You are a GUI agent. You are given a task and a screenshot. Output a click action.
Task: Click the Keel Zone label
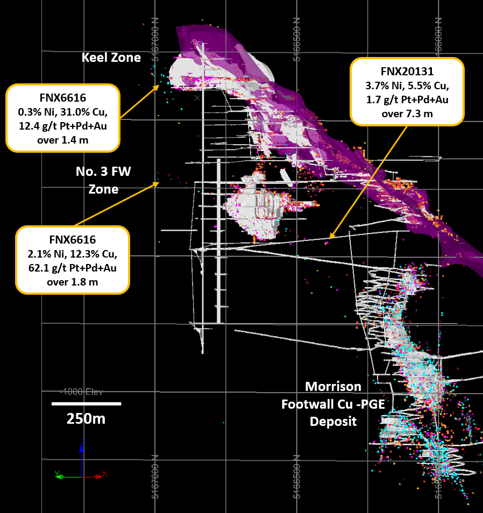pyautogui.click(x=111, y=58)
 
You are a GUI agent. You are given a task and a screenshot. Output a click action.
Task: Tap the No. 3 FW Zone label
pyautogui.click(x=103, y=180)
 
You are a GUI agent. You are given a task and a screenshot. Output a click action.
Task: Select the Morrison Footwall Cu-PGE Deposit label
pyautogui.click(x=333, y=403)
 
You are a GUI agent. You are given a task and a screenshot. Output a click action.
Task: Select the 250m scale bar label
pyautogui.click(x=86, y=418)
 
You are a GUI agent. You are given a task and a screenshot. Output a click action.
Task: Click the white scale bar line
pyautogui.click(x=86, y=403)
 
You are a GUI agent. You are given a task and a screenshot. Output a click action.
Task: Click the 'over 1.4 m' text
pyautogui.click(x=62, y=140)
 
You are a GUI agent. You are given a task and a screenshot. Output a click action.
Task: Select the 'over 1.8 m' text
pyautogui.click(x=73, y=281)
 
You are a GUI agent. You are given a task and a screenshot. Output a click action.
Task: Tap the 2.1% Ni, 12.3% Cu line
pyautogui.click(x=73, y=253)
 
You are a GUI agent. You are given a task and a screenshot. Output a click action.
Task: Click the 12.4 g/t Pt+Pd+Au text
pyautogui.click(x=62, y=126)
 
